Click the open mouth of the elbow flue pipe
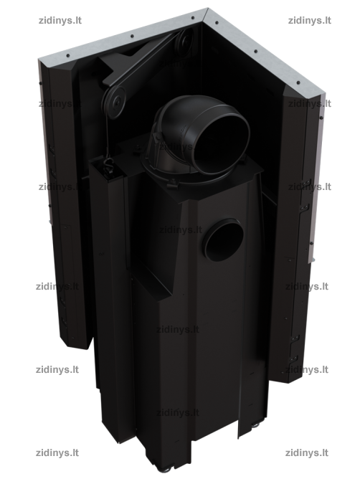pyautogui.click(x=222, y=143)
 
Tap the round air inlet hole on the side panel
pyautogui.click(x=224, y=241)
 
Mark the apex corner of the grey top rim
pyautogui.click(x=207, y=9)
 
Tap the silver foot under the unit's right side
pyautogui.click(x=255, y=425)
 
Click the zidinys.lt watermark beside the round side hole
pyautogui.click(x=181, y=229)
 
